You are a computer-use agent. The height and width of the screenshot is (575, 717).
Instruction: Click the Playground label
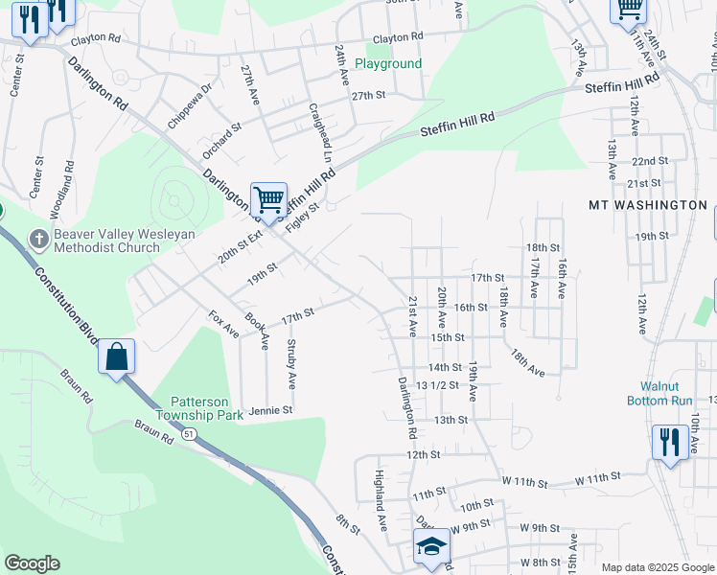pyautogui.click(x=388, y=63)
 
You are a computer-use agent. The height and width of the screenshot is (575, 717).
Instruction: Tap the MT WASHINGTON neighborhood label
pyautogui.click(x=647, y=205)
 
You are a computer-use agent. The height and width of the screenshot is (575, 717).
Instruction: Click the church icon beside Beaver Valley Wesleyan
pyautogui.click(x=38, y=237)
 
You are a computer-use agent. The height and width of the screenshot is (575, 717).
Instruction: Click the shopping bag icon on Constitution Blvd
pyautogui.click(x=116, y=356)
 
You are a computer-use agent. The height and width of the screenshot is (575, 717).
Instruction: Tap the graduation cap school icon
pyautogui.click(x=431, y=546)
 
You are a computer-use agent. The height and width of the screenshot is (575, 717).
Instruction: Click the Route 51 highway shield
pyautogui.click(x=190, y=434)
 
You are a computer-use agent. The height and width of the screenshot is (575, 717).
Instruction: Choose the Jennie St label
pyautogui.click(x=269, y=410)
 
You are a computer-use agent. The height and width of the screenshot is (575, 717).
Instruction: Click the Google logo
pyautogui.click(x=32, y=563)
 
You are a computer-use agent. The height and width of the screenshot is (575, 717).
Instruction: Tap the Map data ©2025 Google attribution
pyautogui.click(x=657, y=567)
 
